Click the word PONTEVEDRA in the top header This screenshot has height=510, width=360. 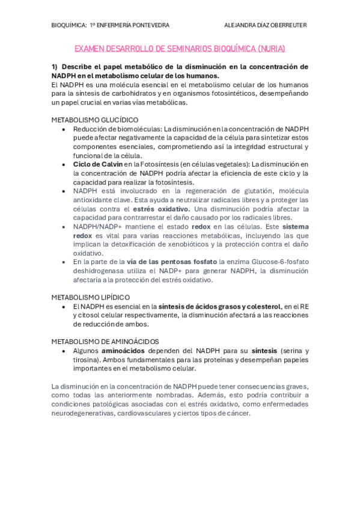point(150,25)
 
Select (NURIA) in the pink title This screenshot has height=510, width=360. point(271,48)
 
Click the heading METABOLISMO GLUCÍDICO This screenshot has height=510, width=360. point(94,120)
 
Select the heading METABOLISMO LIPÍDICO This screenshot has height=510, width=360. point(90,297)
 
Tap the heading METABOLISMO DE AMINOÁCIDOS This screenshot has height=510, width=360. point(105,342)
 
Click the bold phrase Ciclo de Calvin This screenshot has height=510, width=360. point(98,164)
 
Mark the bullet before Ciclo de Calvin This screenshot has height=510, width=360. point(63,164)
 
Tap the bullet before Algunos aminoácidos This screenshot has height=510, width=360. point(63,351)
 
